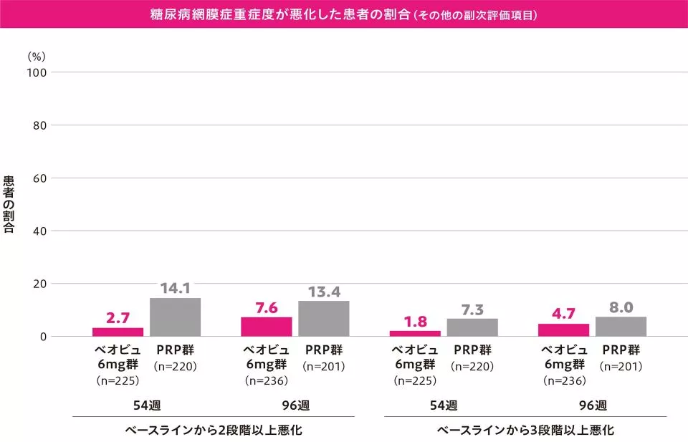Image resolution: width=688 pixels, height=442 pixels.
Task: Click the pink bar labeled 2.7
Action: (x=118, y=332)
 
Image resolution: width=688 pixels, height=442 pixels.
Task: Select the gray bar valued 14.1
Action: (x=175, y=317)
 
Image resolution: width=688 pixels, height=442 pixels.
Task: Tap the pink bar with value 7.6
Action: (x=266, y=327)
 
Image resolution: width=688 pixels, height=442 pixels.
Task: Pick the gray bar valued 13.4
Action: (x=324, y=319)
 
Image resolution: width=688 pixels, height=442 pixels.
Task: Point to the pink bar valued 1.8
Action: (x=414, y=333)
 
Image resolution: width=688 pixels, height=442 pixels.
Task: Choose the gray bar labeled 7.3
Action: (x=472, y=327)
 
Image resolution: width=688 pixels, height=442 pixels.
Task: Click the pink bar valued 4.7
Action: (x=563, y=330)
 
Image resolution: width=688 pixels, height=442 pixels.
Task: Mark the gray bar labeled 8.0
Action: (x=621, y=326)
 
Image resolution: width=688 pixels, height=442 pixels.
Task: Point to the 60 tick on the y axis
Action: (x=39, y=178)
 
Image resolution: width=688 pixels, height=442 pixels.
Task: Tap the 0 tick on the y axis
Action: (x=42, y=337)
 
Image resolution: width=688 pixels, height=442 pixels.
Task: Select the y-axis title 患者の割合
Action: (x=9, y=204)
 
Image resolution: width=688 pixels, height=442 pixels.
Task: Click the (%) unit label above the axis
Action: (x=36, y=55)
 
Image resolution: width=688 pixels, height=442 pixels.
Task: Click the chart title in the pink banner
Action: (x=344, y=14)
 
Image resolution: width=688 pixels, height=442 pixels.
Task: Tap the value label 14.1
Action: (x=175, y=289)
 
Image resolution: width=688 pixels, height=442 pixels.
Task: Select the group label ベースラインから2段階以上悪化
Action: (x=214, y=431)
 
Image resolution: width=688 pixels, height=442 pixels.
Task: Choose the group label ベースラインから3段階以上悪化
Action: (x=525, y=431)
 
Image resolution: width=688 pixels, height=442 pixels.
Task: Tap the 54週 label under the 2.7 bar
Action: (x=147, y=405)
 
